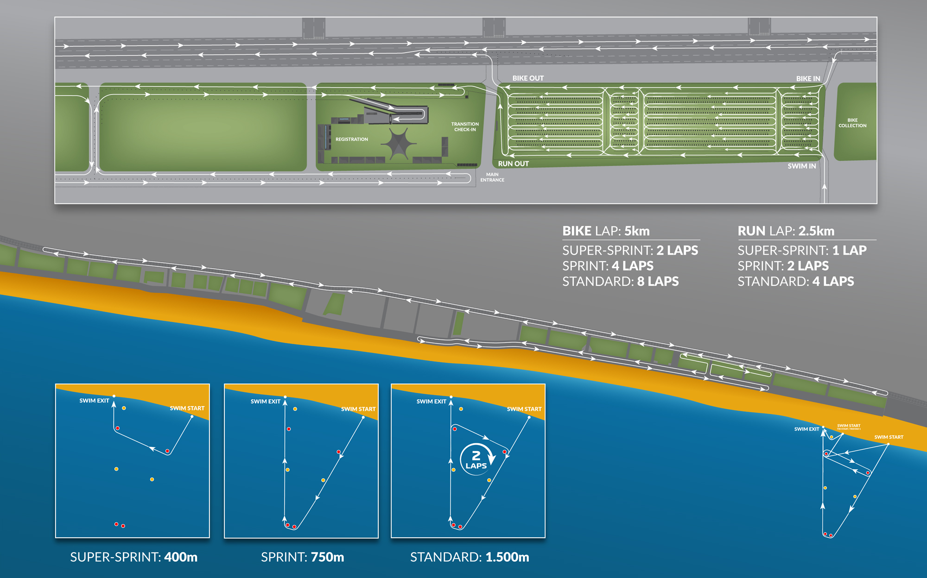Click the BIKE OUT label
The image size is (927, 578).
pos(528,78)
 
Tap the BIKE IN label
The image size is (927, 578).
pos(808,79)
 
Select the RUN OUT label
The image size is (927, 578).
pos(513,164)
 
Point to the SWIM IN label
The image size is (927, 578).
pos(801,166)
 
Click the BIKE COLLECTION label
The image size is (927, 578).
pos(852,123)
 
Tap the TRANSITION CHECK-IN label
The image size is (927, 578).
pos(465,127)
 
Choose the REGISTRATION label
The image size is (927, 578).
pos(351,139)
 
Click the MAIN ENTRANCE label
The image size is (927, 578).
pos(492,177)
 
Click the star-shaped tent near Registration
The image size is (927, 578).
pos(398,144)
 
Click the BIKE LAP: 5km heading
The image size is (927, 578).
pos(606,231)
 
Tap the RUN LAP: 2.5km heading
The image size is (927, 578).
pos(786,231)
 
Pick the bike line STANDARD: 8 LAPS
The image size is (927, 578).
pos(620,282)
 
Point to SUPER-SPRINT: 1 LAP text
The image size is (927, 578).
pos(802,251)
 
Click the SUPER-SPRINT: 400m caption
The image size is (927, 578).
pos(133,557)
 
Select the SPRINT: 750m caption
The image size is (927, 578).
pos(302,557)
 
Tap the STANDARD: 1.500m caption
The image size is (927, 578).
pos(469,557)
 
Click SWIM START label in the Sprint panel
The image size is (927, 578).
pos(358,409)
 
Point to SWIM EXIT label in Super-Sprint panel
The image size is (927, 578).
pos(94,401)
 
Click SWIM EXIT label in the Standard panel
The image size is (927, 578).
pos(431,402)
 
